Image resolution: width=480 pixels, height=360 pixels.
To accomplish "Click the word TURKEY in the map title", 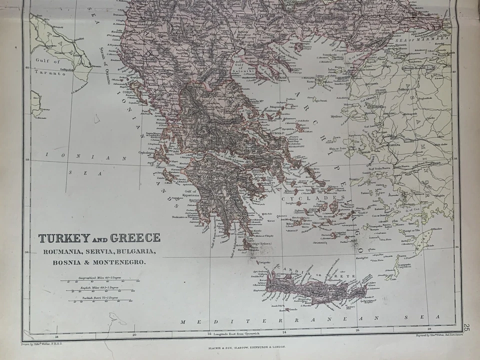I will [64, 238].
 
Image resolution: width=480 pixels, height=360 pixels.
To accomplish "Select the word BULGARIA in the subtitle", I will [135, 251].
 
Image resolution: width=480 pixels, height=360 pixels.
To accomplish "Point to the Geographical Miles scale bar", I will [99, 281].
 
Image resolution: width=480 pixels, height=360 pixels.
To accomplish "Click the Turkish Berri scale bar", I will [99, 300].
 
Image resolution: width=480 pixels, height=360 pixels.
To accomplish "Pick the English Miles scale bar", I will [99, 291].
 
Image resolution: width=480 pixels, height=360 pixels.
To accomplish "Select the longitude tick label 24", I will [284, 332].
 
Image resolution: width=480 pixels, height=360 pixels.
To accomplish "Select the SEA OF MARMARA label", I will [423, 39].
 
